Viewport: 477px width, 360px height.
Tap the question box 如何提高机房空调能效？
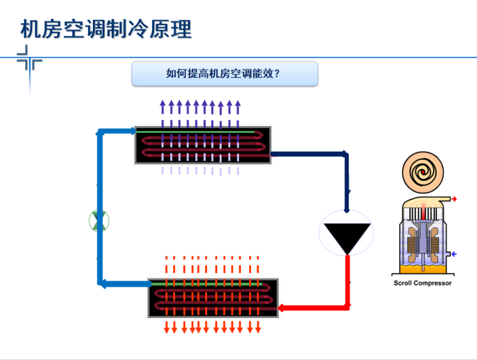pos(224,73)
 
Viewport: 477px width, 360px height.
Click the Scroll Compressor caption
pos(422,283)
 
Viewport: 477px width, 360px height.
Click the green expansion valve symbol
pos(99,221)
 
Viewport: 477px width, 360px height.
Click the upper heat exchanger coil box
pos(203,145)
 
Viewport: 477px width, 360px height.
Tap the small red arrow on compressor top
pos(454,199)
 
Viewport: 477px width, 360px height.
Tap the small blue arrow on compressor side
pos(453,254)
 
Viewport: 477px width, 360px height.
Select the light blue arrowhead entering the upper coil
pos(131,131)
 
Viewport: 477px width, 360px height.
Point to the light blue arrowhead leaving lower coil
pos(105,284)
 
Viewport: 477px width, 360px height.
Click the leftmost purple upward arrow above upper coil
pos(163,106)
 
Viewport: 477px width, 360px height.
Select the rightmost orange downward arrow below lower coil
pos(257,327)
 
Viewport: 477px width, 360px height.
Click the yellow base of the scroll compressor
pos(422,268)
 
